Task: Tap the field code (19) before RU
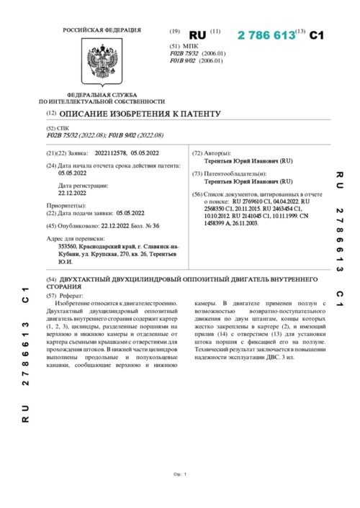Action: (174, 33)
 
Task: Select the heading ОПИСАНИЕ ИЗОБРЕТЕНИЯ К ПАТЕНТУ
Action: (140, 114)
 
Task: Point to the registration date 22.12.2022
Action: (72, 193)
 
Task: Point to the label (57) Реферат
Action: (66, 296)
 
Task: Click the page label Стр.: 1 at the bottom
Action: (180, 474)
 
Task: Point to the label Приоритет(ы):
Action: (66, 206)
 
